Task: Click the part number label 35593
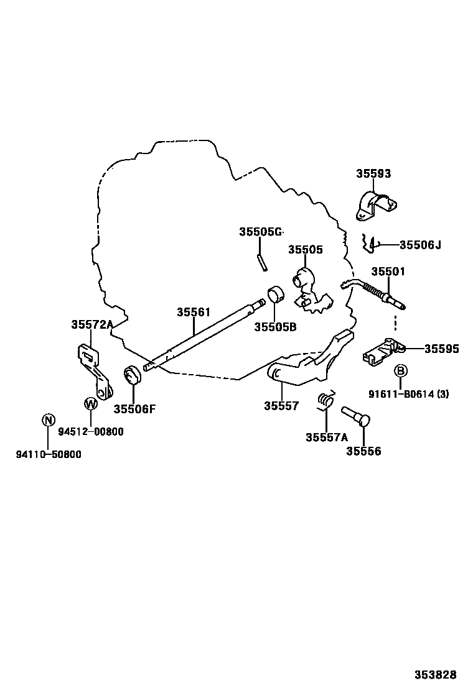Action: pos(373,173)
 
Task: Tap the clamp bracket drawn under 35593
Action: pos(376,205)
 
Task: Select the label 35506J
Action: pos(420,245)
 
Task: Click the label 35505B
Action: pos(275,327)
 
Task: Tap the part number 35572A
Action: pos(91,325)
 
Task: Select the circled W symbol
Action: pos(90,403)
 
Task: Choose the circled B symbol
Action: pos(401,371)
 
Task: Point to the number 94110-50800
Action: pos(49,454)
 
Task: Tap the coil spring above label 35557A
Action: pos(326,400)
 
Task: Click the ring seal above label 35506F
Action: pos(132,375)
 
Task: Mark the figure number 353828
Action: pos(435,674)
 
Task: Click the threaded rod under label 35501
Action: pos(373,293)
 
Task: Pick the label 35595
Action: pos(442,349)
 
